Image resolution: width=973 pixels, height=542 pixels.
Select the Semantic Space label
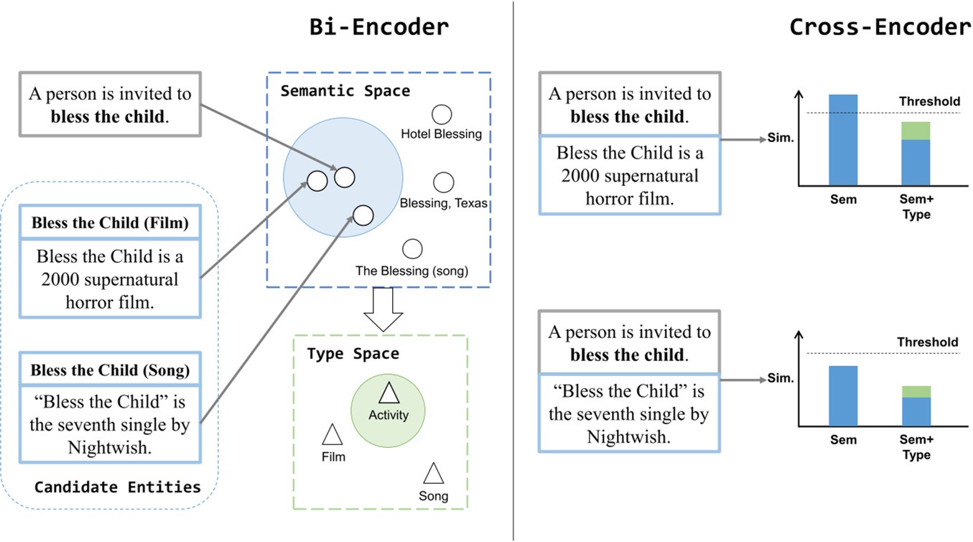(x=345, y=91)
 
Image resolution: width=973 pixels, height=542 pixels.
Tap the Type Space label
(x=353, y=354)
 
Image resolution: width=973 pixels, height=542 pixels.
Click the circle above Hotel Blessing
(x=441, y=114)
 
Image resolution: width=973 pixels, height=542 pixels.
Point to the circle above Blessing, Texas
(x=444, y=182)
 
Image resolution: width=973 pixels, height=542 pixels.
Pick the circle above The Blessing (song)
(x=412, y=249)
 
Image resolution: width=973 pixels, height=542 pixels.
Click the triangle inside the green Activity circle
(x=388, y=393)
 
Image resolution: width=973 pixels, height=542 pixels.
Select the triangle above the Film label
(x=332, y=435)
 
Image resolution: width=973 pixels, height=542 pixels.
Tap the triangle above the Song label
(x=433, y=474)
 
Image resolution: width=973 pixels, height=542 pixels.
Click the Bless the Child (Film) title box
(x=110, y=223)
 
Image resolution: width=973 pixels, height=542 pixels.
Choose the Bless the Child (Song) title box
(x=110, y=370)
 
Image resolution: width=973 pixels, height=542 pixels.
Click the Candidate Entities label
(x=117, y=487)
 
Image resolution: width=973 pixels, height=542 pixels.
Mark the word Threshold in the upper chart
(x=929, y=102)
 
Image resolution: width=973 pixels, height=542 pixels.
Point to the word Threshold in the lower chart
(x=927, y=342)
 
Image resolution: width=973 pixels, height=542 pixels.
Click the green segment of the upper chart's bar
(x=916, y=131)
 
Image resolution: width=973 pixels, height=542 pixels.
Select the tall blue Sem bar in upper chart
(x=843, y=140)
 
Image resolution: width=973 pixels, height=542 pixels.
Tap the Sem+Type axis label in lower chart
(x=916, y=447)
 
